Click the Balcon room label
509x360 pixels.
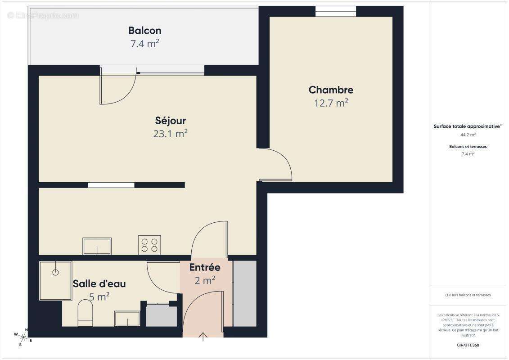[144, 31]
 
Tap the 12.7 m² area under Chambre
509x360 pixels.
[331, 103]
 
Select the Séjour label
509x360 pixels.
[170, 121]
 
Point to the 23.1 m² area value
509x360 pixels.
[170, 134]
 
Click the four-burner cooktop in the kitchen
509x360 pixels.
[149, 245]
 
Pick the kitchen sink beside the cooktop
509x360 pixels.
[97, 246]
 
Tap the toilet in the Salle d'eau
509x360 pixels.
[85, 312]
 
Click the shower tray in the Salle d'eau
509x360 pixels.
[55, 280]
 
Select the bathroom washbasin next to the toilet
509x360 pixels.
[127, 318]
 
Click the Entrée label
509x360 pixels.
[205, 267]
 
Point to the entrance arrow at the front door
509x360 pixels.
[203, 336]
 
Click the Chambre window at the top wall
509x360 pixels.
[335, 11]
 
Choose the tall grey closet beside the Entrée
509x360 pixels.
[244, 293]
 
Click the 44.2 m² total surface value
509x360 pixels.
[468, 135]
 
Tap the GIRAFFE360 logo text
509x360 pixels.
[468, 345]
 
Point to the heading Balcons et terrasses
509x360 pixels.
[468, 147]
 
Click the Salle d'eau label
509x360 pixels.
[99, 284]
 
